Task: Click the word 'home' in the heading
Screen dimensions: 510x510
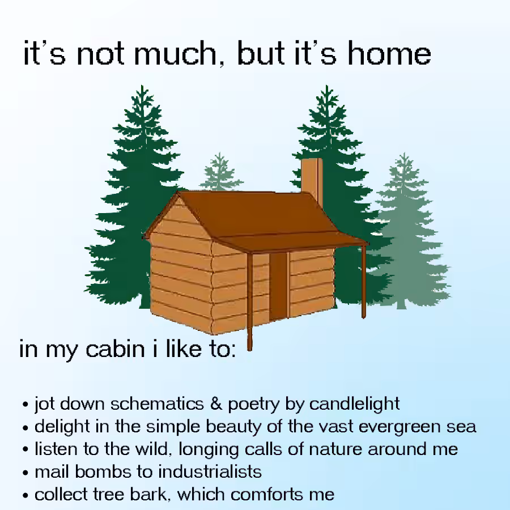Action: tap(389, 53)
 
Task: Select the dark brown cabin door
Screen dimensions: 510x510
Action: tap(278, 286)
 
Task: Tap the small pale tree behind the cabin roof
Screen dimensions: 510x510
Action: tap(220, 172)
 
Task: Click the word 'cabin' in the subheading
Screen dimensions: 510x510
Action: tap(115, 349)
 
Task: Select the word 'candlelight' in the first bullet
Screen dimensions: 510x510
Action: tap(354, 404)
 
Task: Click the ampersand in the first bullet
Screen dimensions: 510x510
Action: tap(216, 403)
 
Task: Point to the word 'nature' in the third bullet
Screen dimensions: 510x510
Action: tap(335, 449)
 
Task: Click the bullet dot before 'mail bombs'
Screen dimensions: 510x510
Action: tap(25, 473)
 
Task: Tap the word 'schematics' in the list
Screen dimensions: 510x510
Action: tap(157, 403)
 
